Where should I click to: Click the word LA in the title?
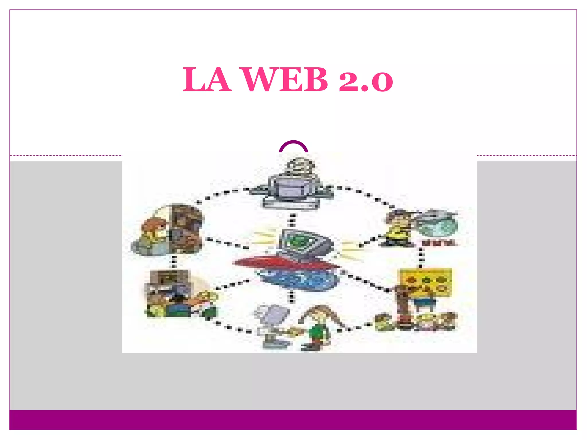click(207, 80)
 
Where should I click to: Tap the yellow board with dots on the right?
click(426, 282)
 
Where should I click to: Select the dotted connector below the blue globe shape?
click(291, 296)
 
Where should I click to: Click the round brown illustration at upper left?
click(169, 229)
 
